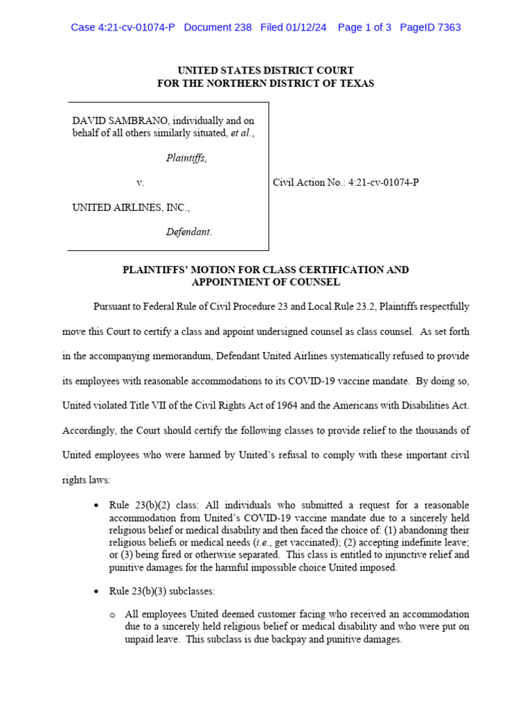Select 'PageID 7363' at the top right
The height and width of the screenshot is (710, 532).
430,28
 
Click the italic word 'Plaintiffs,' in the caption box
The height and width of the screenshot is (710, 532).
186,158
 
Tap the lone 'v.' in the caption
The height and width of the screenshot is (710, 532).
140,182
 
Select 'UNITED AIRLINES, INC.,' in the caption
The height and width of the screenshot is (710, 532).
131,207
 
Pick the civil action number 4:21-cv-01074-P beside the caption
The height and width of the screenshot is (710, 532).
383,182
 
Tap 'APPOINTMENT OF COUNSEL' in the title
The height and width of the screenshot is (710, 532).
266,282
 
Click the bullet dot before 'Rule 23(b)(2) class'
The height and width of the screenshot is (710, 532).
96,505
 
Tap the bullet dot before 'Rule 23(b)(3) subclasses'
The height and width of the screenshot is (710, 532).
96,591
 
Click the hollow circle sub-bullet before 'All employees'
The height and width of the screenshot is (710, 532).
112,615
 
